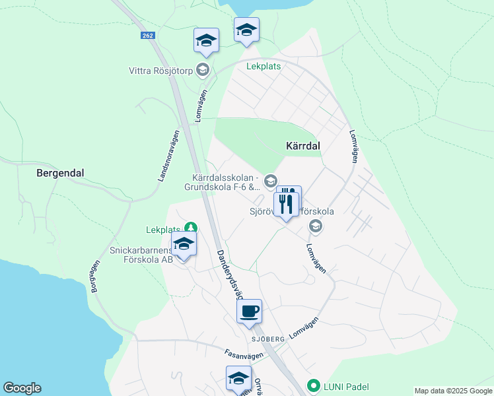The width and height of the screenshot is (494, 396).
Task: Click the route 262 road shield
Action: pyautogui.click(x=147, y=36)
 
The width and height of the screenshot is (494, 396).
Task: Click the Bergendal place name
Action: pyautogui.click(x=60, y=173)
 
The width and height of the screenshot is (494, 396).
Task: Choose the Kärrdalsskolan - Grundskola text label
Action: pyautogui.click(x=225, y=182)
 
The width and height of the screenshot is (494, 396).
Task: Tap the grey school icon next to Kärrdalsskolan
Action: pyautogui.click(x=270, y=180)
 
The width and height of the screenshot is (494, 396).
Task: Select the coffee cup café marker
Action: pyautogui.click(x=249, y=311)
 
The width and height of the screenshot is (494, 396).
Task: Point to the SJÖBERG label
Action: pyautogui.click(x=267, y=339)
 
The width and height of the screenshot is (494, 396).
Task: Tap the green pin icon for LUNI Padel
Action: pyautogui.click(x=314, y=387)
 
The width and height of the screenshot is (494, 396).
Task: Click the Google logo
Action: pyautogui.click(x=22, y=388)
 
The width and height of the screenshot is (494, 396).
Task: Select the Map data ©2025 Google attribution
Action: pyautogui.click(x=452, y=391)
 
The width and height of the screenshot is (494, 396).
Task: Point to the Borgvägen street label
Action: pyautogui.click(x=94, y=277)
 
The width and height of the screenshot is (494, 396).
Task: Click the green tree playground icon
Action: pyautogui.click(x=191, y=228)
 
